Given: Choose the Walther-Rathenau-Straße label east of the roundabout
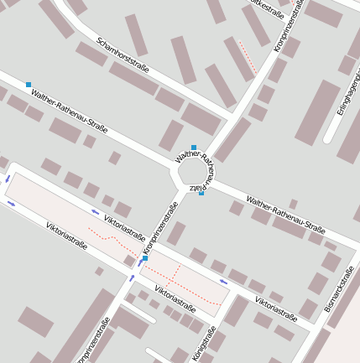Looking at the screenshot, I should [x=285, y=215].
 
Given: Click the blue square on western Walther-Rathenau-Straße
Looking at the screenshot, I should [x=29, y=85].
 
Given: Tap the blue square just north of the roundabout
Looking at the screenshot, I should [x=194, y=148].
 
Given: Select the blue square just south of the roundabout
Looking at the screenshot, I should [x=201, y=193].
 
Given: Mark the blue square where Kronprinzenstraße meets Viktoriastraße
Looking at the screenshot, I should [x=144, y=259].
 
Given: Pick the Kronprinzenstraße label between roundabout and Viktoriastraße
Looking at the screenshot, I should [x=164, y=228].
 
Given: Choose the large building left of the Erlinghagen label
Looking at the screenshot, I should [x=318, y=112].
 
